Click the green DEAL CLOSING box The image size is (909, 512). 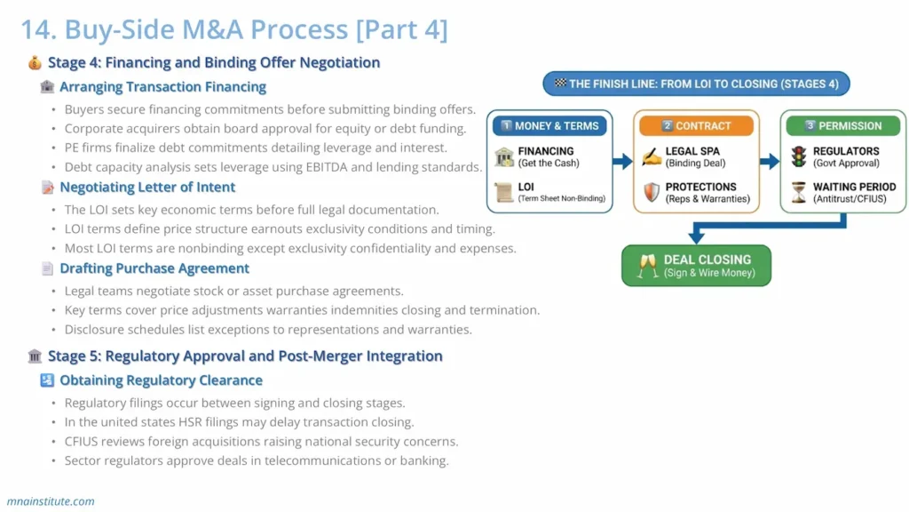click(696, 266)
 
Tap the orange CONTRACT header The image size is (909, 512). click(696, 126)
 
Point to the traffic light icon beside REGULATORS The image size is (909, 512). click(799, 157)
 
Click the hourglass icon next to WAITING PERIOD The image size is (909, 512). click(799, 193)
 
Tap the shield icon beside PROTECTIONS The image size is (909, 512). click(652, 193)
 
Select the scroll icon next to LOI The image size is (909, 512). click(504, 193)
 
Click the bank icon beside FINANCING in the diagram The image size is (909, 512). click(504, 157)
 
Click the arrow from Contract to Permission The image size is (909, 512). click(769, 161)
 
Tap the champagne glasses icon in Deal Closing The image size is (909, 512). click(647, 266)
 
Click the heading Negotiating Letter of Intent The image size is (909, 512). click(147, 188)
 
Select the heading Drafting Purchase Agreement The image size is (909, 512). click(154, 268)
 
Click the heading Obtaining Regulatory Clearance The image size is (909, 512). click(161, 380)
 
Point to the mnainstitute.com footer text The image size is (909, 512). click(51, 501)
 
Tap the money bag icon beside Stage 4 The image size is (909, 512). click(35, 63)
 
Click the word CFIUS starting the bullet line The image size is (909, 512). click(83, 442)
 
